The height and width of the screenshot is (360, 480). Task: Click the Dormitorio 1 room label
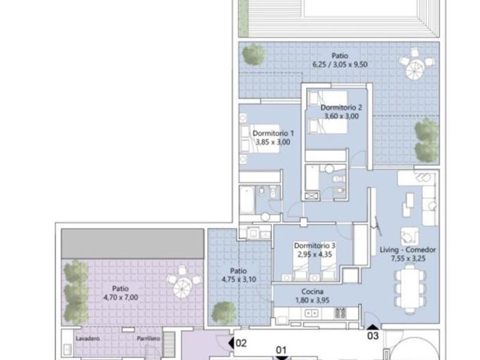[x=273, y=134]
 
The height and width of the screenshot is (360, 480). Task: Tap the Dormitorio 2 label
[x=341, y=107]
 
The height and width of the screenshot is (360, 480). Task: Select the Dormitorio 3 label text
[x=315, y=246]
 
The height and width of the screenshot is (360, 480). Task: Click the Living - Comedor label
[x=408, y=250]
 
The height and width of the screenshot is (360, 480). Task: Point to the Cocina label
[x=312, y=292]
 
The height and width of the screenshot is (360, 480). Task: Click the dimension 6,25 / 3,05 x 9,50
[x=340, y=65]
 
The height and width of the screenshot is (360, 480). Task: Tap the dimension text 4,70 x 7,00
[x=121, y=297]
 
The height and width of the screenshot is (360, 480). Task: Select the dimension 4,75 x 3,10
[x=239, y=279]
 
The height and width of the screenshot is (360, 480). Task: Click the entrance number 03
[x=373, y=336]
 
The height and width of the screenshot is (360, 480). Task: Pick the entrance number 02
[x=241, y=343]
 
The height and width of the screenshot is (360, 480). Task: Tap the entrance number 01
[x=281, y=350]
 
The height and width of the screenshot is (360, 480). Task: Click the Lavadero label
[x=87, y=338]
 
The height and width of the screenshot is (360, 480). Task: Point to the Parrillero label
[x=149, y=338]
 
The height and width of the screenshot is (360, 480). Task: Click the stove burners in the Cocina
[x=340, y=313]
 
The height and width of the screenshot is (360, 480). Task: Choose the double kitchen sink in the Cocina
[x=311, y=313]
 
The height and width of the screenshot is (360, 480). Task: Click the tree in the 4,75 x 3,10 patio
[x=225, y=313]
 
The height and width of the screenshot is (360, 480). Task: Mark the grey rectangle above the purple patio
[x=133, y=243]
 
